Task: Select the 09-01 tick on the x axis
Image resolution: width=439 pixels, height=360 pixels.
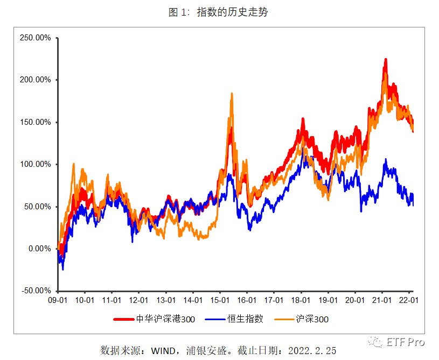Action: click(57, 300)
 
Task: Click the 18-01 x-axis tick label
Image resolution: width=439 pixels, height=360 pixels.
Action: click(301, 300)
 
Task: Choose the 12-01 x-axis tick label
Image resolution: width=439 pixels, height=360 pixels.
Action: click(138, 300)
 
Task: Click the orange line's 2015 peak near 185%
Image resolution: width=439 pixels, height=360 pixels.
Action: click(232, 94)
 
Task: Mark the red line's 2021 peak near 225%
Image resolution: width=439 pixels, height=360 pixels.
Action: click(386, 59)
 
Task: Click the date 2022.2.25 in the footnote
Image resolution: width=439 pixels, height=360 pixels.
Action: click(312, 351)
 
